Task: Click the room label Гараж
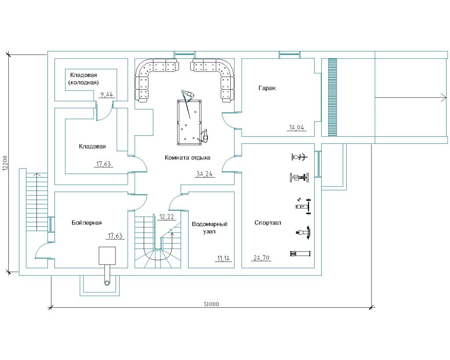pos(267,88)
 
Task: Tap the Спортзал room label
pos(268,223)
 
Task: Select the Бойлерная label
pos(87,223)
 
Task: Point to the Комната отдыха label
pos(188,157)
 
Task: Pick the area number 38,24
pos(204,174)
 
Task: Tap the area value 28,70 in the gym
pos(261,258)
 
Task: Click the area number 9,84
pos(107,94)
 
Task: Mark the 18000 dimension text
pos(211,304)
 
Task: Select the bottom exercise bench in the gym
pos(300,253)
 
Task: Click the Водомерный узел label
pos(210,228)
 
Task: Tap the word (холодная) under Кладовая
pos(83,82)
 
